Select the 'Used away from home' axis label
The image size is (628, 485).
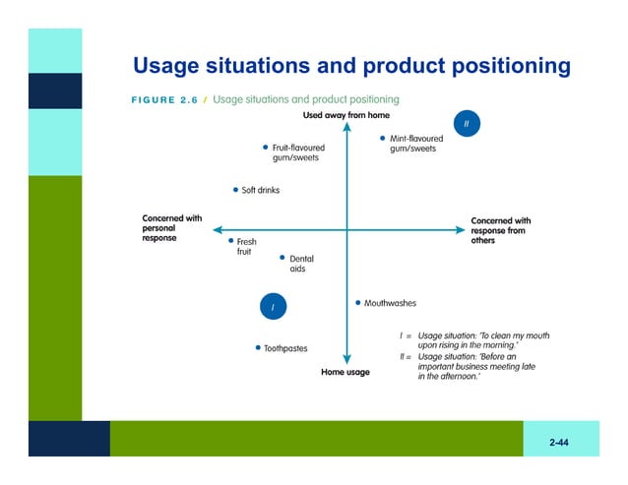345,116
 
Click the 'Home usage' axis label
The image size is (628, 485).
345,372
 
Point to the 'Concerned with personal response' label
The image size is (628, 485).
172,228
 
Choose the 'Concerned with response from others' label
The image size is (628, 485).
500,230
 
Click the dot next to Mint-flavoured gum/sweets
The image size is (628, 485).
382,139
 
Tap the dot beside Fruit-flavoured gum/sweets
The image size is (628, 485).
265,148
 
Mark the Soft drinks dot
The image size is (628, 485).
235,190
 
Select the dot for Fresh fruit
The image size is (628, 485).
230,240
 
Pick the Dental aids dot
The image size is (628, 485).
283,258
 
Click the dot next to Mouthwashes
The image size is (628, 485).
357,303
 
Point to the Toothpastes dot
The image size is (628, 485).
258,347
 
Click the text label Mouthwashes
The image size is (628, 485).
390,304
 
